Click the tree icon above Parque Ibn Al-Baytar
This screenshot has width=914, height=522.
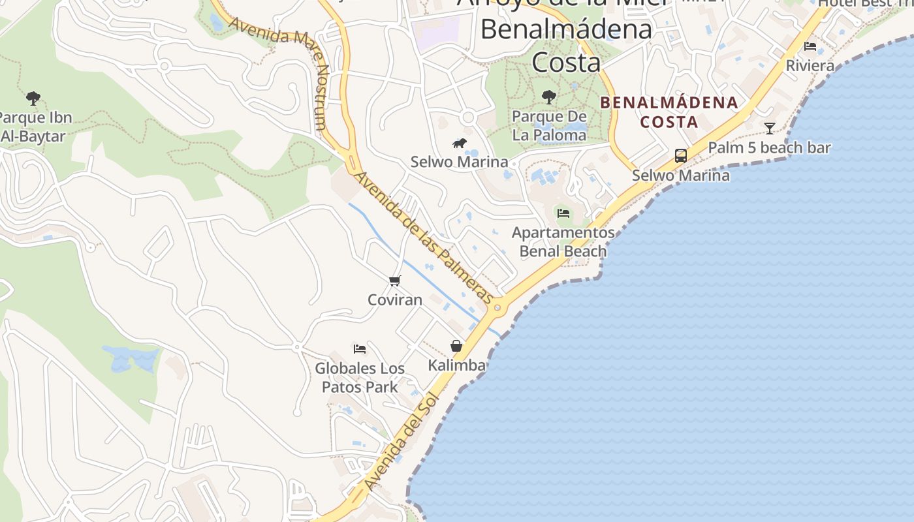click(33, 99)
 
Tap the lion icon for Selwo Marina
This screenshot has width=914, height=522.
click(460, 143)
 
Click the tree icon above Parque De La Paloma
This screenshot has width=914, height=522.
click(549, 97)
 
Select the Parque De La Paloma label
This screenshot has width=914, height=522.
click(549, 126)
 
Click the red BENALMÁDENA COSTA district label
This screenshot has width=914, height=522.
click(669, 112)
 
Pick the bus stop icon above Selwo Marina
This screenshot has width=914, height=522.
click(681, 156)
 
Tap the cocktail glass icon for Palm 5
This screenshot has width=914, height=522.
click(770, 128)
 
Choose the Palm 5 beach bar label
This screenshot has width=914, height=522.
click(770, 148)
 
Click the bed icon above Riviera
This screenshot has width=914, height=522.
click(810, 46)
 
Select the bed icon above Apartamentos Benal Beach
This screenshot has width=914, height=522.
click(563, 213)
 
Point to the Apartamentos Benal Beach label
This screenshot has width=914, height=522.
click(563, 242)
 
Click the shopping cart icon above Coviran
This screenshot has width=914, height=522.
click(394, 281)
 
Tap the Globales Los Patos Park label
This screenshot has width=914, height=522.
click(360, 378)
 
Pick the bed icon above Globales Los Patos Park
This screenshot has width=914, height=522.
click(359, 348)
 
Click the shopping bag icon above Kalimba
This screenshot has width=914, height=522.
click(456, 345)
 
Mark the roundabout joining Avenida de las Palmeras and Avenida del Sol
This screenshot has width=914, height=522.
click(497, 307)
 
